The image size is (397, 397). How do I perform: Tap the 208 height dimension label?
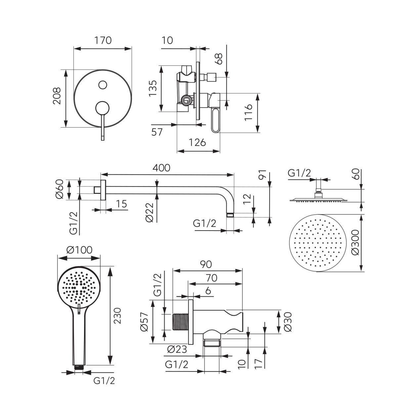(x=57, y=96)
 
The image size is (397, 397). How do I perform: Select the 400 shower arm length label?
(x=161, y=168)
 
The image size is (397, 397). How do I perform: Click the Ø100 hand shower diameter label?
(x=79, y=250)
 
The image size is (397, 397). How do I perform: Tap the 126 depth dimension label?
(x=198, y=142)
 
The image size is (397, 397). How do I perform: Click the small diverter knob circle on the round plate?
(x=103, y=85)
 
